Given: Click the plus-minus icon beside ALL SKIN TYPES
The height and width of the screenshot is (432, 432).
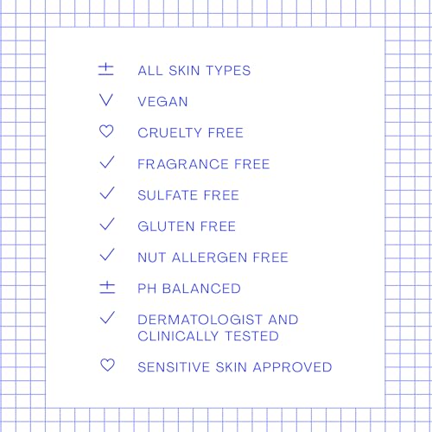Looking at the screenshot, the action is (105, 69).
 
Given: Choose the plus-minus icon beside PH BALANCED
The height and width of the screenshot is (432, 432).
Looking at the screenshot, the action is (107, 288).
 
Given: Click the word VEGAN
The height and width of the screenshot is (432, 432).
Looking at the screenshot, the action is (162, 102).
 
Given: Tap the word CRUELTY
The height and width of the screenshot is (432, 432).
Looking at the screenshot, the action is (169, 133).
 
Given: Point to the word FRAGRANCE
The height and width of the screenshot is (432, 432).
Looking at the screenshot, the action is (183, 164).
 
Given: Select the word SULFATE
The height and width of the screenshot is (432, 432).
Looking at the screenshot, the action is (168, 195).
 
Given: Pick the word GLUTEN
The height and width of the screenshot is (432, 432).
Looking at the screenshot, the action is (166, 226).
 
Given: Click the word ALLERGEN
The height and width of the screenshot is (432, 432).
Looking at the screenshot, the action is (209, 257).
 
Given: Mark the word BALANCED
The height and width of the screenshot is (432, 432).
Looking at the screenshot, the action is (201, 289).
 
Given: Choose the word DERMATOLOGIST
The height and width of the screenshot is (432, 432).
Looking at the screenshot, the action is (200, 320).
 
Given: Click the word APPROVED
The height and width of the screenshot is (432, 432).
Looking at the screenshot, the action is (293, 367).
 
